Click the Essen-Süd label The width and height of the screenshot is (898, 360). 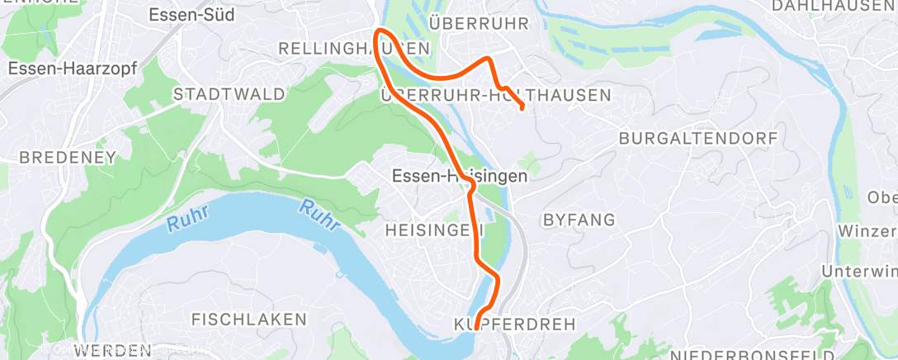click(x=191, y=15)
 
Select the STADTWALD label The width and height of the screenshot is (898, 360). click(x=217, y=95)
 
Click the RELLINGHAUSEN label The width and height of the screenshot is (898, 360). click(x=354, y=49)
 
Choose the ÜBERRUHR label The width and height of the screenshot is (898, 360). click(x=478, y=22)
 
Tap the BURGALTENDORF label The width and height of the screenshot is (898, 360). click(x=697, y=138)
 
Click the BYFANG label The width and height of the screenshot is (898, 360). click(x=579, y=220)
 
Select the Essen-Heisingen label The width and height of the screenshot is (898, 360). click(x=459, y=176)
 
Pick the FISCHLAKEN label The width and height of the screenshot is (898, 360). click(x=248, y=319)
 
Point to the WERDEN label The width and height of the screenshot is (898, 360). click(x=112, y=351)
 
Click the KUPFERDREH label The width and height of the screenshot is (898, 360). click(x=514, y=324)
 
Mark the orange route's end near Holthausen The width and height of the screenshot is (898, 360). click(x=522, y=108)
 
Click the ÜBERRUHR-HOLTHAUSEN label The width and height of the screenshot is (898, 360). click(x=495, y=95)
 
